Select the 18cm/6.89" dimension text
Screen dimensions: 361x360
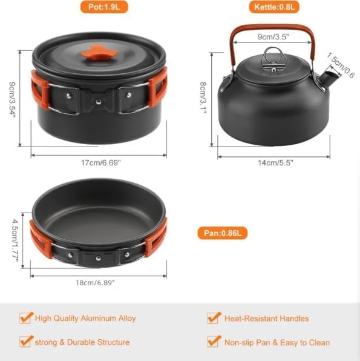pos(96,282)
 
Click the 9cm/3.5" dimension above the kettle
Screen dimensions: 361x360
pos(272,36)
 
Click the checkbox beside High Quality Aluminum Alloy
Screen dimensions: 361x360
pos(25,317)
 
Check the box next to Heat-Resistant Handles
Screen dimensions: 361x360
pos(213,317)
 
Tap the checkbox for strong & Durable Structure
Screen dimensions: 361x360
pos(25,341)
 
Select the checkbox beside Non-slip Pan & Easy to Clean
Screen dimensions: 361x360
pos(213,341)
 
